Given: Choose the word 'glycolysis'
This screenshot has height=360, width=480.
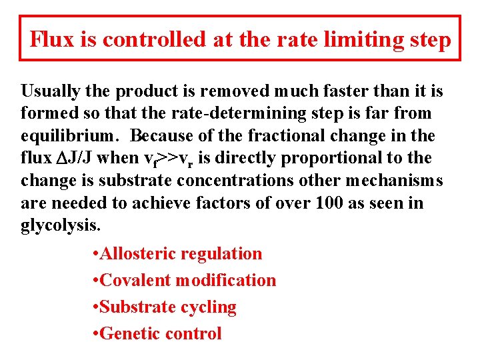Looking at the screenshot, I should coord(60,225).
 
